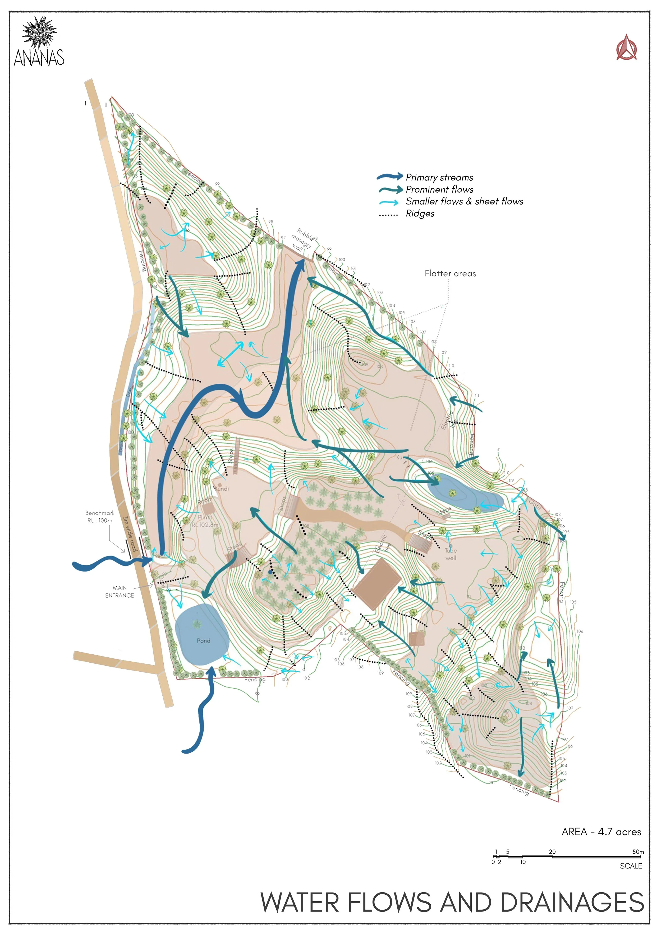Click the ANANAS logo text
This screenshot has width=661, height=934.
[39, 58]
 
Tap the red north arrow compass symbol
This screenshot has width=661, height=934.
[626, 48]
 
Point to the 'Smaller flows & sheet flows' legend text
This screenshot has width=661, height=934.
[464, 201]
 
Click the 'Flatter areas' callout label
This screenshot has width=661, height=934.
[450, 273]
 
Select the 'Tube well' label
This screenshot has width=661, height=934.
[451, 554]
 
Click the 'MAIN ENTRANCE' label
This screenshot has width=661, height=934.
[119, 592]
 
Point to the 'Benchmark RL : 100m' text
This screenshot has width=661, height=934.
[100, 517]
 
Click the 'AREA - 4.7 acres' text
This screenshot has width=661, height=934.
[601, 832]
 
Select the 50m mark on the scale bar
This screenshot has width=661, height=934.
[638, 852]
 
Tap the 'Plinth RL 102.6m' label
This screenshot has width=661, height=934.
[205, 521]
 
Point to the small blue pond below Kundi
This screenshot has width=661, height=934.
[466, 492]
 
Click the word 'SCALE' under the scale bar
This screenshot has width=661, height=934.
[631, 866]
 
